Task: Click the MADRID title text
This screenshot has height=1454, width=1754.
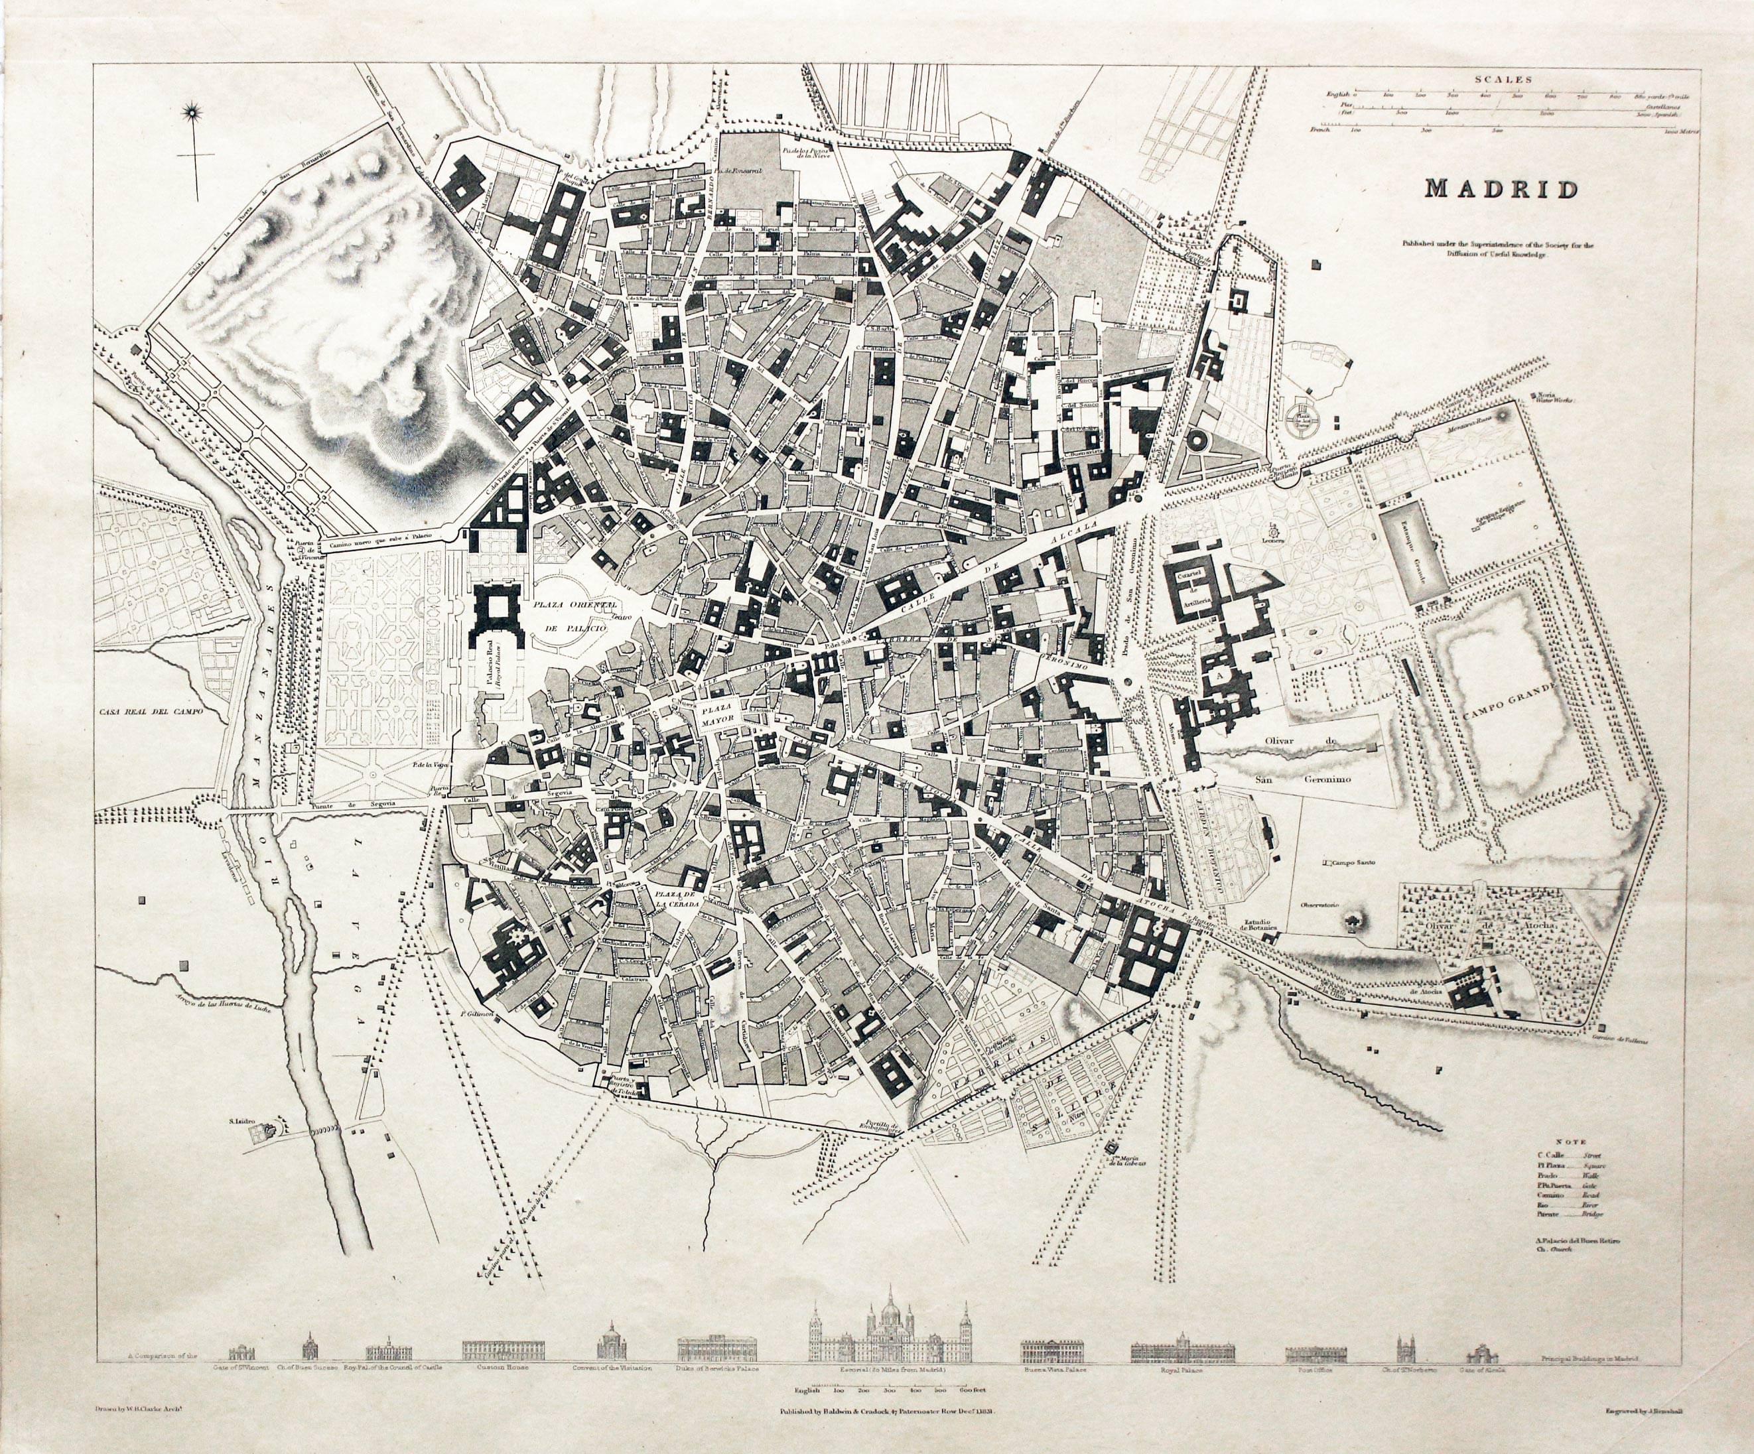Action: (x=1501, y=189)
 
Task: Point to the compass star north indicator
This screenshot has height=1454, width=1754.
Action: (x=194, y=109)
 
